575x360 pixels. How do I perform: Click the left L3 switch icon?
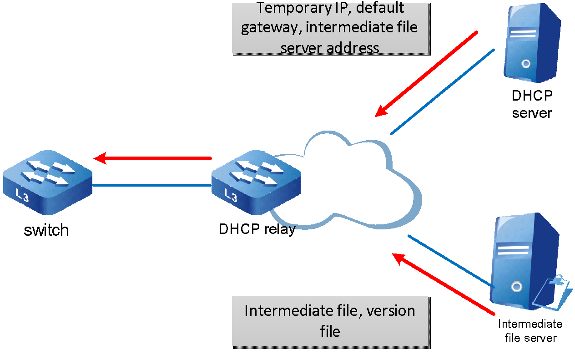48,182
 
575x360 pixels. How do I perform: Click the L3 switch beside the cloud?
256,182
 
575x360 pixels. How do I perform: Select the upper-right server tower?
532,43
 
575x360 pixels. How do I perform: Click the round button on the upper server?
526,64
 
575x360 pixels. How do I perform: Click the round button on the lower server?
515,286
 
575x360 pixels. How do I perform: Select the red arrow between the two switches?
153,158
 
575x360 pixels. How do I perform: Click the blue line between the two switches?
152,185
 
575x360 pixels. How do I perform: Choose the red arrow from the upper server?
428,73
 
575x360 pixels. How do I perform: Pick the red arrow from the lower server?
444,284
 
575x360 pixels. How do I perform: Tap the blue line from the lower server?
450,261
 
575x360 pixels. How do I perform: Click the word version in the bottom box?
391,311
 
